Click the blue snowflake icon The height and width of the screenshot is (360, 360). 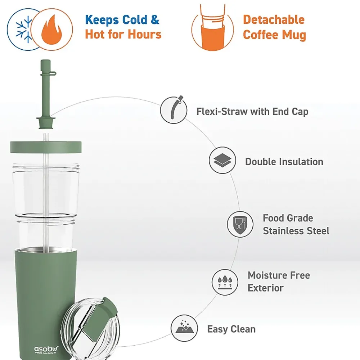click(x=24, y=30)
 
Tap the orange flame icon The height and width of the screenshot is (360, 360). click(x=51, y=30)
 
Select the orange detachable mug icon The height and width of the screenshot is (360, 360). click(x=213, y=28)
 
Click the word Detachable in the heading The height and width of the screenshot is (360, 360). click(x=274, y=20)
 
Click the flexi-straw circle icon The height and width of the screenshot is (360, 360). click(x=174, y=110)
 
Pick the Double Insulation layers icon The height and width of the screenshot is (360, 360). click(x=222, y=160)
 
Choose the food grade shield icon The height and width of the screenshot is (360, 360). click(x=240, y=224)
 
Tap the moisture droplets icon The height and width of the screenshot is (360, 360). click(x=225, y=282)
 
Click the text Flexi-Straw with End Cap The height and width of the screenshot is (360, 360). click(x=252, y=112)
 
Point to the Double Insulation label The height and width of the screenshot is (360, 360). click(x=284, y=162)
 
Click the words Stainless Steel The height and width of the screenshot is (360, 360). click(x=296, y=231)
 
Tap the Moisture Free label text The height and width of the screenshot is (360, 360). click(x=279, y=275)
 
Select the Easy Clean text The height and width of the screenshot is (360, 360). click(x=231, y=329)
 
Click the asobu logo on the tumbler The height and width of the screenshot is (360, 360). click(x=46, y=350)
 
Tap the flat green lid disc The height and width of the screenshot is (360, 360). click(x=46, y=147)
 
